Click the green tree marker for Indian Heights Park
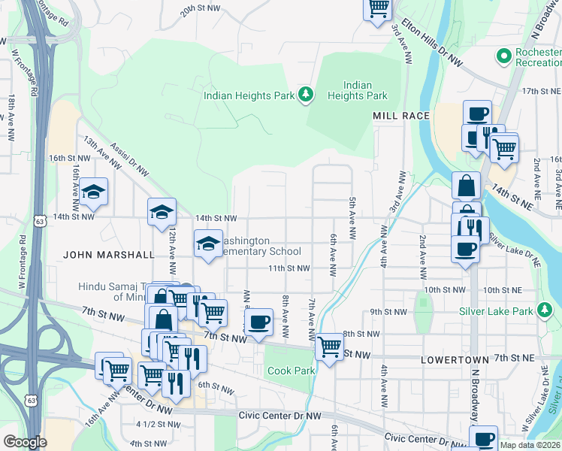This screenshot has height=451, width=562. click(x=305, y=95)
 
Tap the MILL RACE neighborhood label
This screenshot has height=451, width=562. click(x=401, y=116)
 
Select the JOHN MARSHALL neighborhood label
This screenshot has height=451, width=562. click(x=108, y=255)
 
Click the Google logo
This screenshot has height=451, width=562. click(x=25, y=442)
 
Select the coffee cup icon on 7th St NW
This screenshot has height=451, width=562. click(x=259, y=322)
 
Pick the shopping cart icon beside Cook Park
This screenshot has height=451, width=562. click(x=328, y=347)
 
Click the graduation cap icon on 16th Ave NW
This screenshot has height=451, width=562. click(x=94, y=192)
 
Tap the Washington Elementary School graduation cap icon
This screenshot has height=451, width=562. click(x=209, y=243)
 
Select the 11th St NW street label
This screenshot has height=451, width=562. click(x=289, y=268)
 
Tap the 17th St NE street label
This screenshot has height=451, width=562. click(x=541, y=90)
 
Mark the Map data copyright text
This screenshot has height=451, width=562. click(x=530, y=445)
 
